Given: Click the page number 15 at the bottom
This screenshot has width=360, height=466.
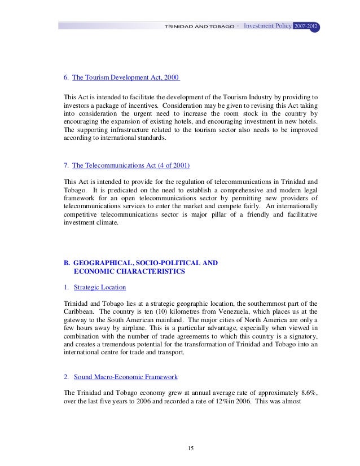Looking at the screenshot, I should tap(191, 448).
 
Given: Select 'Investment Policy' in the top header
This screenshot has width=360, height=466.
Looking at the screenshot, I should tap(267, 26).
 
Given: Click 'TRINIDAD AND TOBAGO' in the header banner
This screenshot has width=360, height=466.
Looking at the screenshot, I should tap(199, 27).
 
